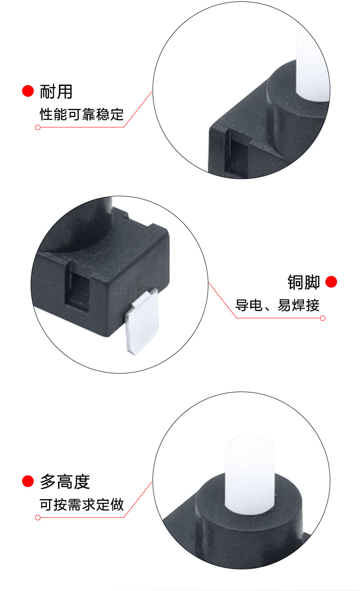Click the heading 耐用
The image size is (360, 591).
point(56,91)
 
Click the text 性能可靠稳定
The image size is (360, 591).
point(81,114)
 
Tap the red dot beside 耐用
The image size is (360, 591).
point(28,91)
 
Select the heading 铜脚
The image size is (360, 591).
point(303,282)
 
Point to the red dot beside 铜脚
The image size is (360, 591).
point(331,282)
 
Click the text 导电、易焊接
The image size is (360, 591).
point(277,305)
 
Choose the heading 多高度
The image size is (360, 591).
point(65,482)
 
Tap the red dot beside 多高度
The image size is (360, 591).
point(28,481)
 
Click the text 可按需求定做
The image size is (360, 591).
point(81,505)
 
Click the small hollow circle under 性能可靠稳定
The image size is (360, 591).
point(38,127)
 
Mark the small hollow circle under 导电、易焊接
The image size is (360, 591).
point(322,318)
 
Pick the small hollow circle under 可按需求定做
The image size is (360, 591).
point(38,518)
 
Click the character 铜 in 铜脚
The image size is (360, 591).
point(295,282)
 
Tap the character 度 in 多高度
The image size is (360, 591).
point(82,482)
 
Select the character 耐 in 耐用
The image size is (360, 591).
point(48,91)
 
